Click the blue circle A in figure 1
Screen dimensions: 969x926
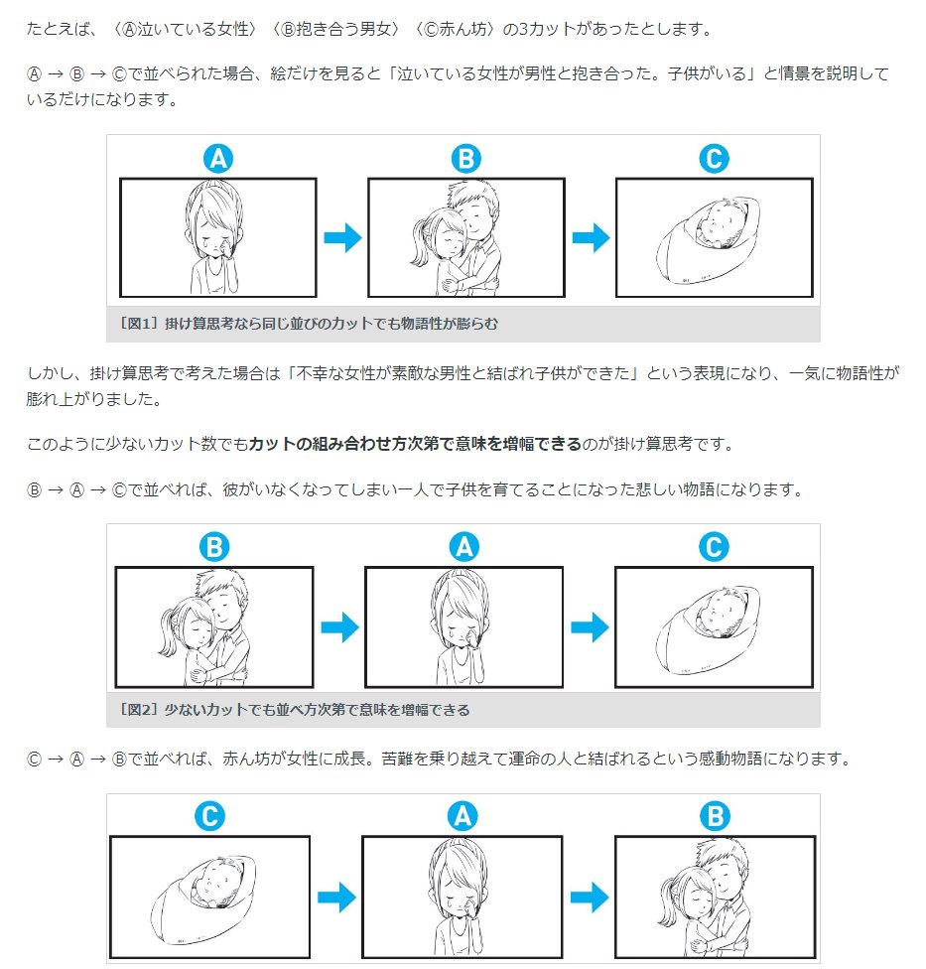(217, 158)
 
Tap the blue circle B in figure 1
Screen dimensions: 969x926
(465, 158)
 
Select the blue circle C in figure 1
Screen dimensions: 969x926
(714, 158)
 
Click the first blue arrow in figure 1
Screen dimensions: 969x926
(342, 238)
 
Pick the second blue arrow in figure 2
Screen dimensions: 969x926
(590, 627)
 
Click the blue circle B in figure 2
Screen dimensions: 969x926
(213, 547)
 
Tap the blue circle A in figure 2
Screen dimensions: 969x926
(463, 547)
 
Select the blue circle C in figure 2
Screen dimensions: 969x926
(714, 547)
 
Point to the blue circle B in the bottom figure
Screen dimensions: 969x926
(715, 816)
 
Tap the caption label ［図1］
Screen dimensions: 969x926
(132, 324)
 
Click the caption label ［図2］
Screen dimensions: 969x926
(132, 710)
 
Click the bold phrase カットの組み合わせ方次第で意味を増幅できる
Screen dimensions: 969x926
(415, 444)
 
